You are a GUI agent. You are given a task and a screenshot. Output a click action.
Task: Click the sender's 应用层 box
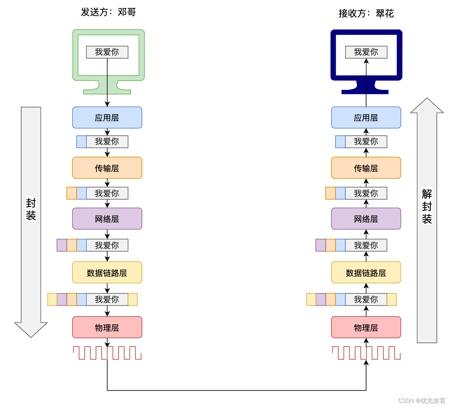click(x=107, y=118)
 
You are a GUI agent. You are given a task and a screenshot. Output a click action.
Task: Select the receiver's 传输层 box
click(x=366, y=168)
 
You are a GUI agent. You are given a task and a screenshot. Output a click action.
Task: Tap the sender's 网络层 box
click(x=107, y=219)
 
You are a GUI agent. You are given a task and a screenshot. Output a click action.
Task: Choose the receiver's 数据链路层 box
click(x=366, y=272)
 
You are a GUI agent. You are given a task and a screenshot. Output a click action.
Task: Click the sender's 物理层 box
click(x=107, y=327)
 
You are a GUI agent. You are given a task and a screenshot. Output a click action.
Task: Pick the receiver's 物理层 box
click(x=366, y=327)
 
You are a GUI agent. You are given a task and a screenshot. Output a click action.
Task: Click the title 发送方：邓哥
click(x=108, y=12)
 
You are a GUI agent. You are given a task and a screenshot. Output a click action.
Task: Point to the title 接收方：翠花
click(x=366, y=14)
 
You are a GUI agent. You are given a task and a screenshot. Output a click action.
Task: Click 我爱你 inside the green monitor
click(x=107, y=52)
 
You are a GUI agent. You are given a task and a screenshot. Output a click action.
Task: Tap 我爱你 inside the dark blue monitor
click(x=366, y=52)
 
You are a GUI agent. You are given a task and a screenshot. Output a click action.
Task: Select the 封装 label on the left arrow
click(x=31, y=209)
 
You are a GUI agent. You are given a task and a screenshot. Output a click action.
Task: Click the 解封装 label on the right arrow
click(x=427, y=206)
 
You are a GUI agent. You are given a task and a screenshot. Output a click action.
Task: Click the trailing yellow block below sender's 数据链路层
click(x=133, y=299)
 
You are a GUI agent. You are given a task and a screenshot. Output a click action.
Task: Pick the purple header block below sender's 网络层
click(x=62, y=245)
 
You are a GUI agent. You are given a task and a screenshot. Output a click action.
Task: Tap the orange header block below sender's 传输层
click(x=71, y=193)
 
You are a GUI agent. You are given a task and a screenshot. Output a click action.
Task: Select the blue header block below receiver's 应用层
click(x=340, y=141)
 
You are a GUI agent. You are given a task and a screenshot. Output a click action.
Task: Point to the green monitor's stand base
click(x=107, y=92)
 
